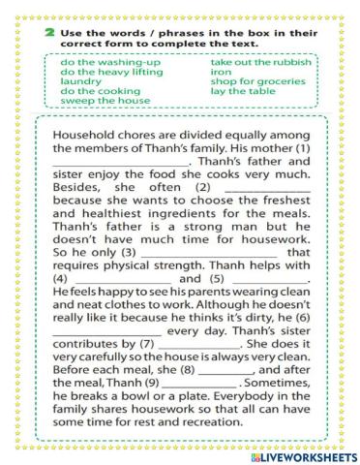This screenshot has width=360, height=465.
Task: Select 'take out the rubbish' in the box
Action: coord(262,61)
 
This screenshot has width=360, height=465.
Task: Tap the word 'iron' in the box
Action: coord(221,72)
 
